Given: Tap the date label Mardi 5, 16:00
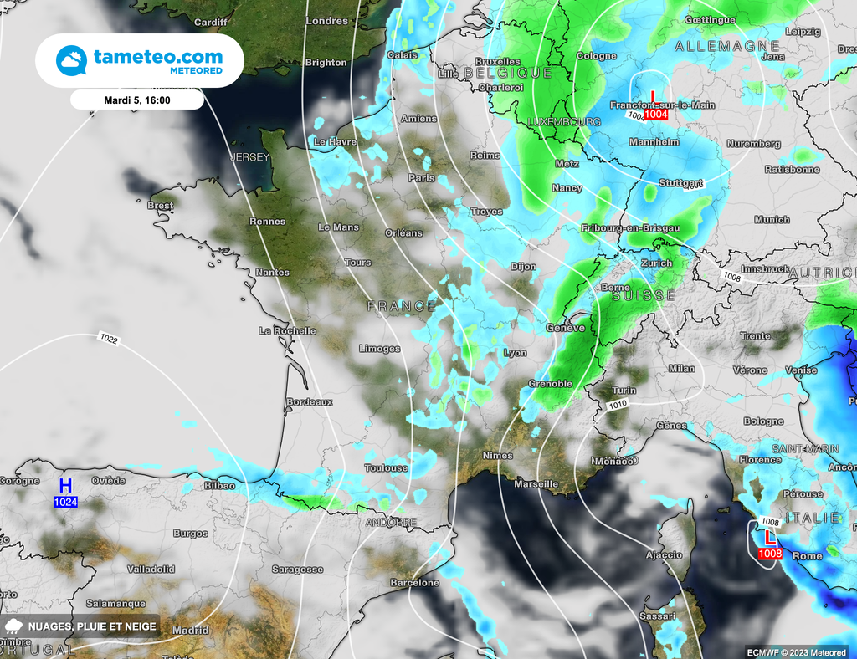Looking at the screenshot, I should (x=136, y=100).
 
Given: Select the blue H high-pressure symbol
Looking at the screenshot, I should (x=65, y=486).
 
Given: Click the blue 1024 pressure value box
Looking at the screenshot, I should (x=66, y=502).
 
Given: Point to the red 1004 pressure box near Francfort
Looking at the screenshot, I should (x=655, y=115).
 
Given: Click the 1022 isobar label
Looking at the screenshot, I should (x=108, y=339).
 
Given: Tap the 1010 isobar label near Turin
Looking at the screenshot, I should (x=618, y=405).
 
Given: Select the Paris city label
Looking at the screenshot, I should (x=421, y=178).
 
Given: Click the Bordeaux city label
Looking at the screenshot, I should (x=310, y=402).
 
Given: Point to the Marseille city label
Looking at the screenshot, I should (x=536, y=484).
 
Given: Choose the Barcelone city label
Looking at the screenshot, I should (x=414, y=583).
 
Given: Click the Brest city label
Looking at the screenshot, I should (x=160, y=206).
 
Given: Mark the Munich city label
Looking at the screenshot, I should (x=771, y=220).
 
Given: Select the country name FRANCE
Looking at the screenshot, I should (x=402, y=307).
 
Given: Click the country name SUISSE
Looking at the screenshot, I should (x=644, y=296).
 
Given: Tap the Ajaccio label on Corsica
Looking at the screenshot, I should (x=665, y=555).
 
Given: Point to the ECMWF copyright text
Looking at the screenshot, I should (x=797, y=651).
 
